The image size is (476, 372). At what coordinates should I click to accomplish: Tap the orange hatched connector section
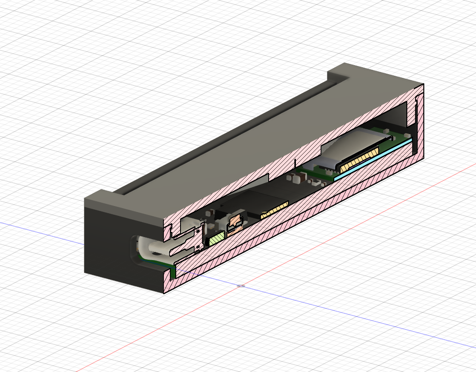tap(234, 222)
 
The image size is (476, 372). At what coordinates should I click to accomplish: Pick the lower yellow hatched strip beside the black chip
tap(274, 209)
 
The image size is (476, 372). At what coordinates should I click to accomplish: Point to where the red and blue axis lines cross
tap(241, 286)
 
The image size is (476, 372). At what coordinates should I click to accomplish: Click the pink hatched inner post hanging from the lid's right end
tap(410, 113)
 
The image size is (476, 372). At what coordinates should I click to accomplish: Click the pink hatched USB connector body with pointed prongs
tap(187, 245)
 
